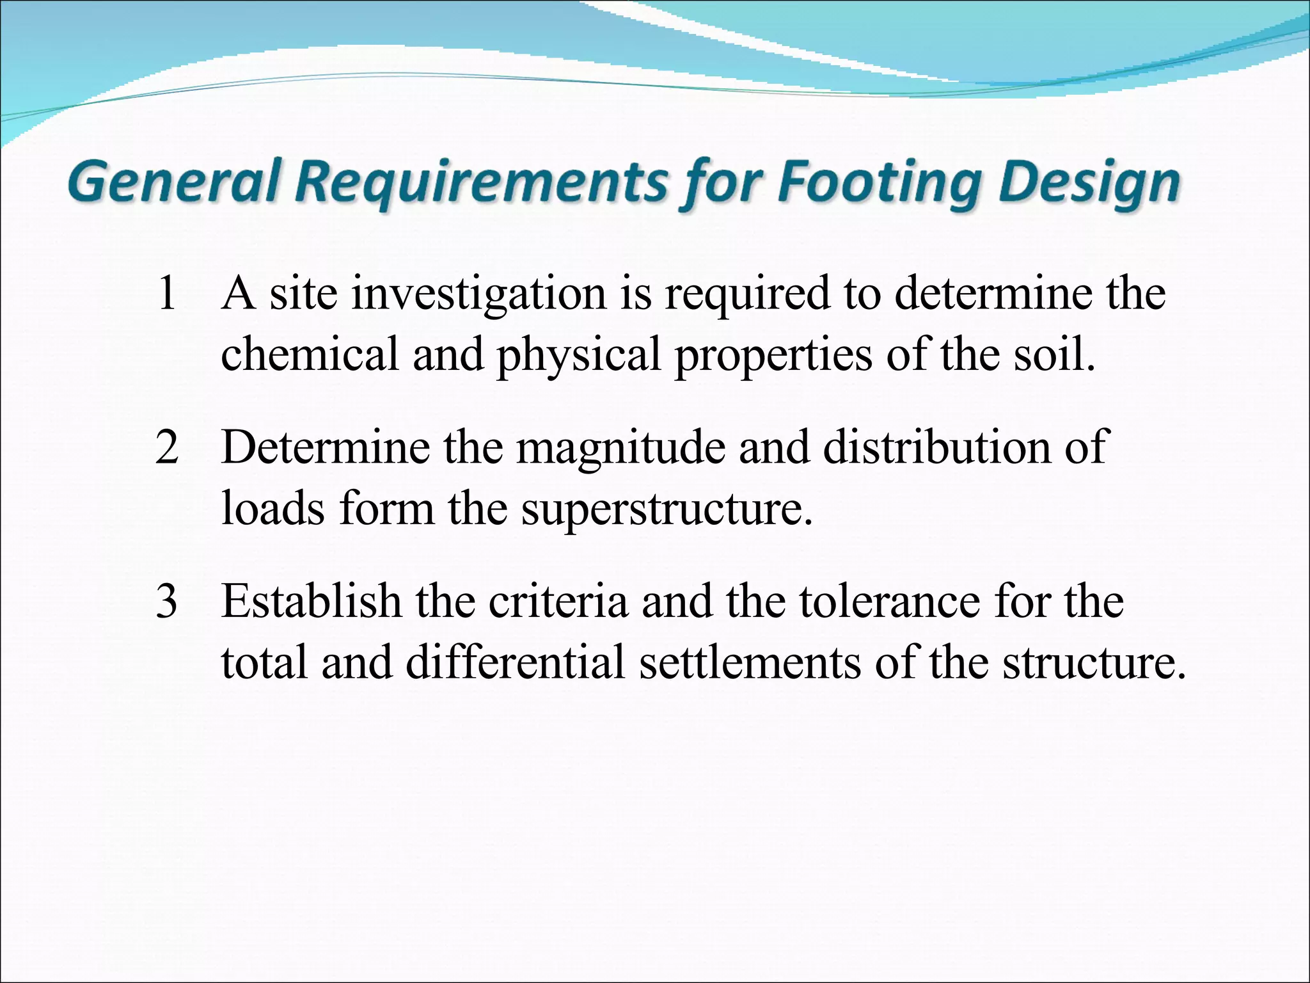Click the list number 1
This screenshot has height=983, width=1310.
click(166, 293)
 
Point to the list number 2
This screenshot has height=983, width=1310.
click(166, 447)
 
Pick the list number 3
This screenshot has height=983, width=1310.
click(166, 602)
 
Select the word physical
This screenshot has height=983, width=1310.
click(578, 356)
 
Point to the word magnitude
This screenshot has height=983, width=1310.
click(620, 449)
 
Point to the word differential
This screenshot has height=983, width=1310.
click(514, 662)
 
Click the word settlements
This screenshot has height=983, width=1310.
click(749, 662)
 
